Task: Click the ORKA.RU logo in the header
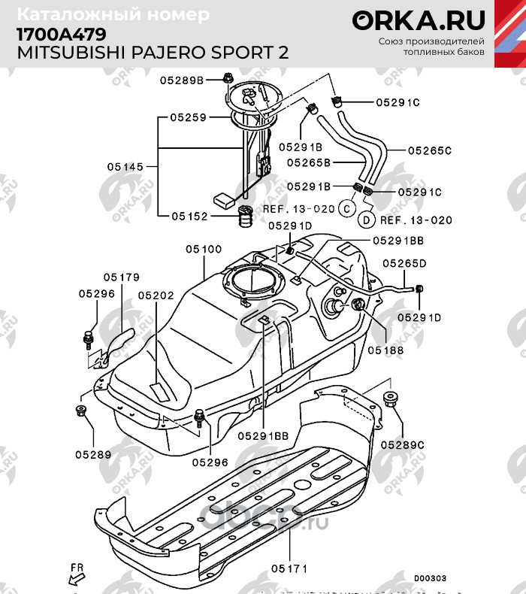[419, 20]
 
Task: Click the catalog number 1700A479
[61, 35]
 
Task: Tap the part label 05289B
[181, 80]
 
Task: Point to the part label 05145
[125, 167]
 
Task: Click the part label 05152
[189, 216]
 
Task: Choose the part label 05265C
[430, 150]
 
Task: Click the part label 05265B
[307, 161]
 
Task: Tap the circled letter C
[347, 207]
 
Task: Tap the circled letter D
[366, 220]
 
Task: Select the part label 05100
[204, 249]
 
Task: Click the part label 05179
[122, 277]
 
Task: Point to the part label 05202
[156, 296]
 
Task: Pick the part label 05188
[385, 350]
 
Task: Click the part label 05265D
[404, 263]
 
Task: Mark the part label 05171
[289, 569]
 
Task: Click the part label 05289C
[402, 445]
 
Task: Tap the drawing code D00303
[430, 578]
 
